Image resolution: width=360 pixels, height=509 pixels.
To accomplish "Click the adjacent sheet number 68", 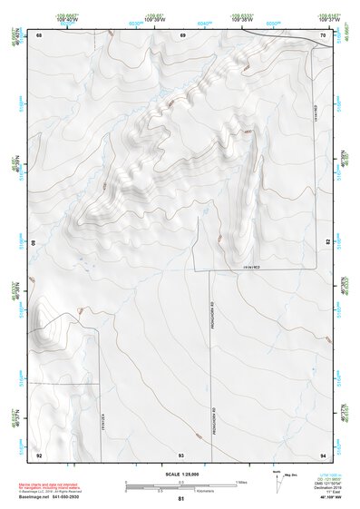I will click(39, 34).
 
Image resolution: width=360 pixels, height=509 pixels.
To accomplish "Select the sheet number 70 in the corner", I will click(324, 34).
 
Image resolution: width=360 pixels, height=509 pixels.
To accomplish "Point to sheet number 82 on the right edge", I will click(327, 242).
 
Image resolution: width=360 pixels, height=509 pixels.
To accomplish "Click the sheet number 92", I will click(39, 454).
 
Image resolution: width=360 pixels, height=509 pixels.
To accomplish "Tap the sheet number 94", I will click(324, 454).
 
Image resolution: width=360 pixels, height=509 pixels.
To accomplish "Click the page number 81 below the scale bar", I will click(181, 498).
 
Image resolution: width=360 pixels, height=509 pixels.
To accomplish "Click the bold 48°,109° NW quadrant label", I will click(326, 498).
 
